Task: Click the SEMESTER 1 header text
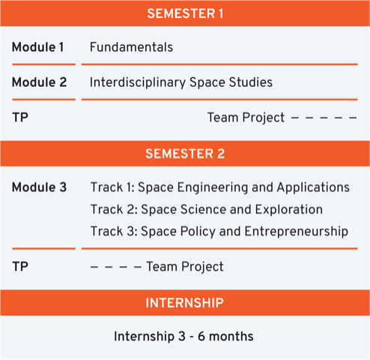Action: tap(185, 13)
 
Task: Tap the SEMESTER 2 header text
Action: tap(185, 154)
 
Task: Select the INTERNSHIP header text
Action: tap(184, 303)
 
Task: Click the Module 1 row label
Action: tap(37, 47)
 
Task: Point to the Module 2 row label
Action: tap(39, 82)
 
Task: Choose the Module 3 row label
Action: tap(39, 187)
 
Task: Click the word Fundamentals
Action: tap(131, 47)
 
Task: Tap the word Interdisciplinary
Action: tap(138, 82)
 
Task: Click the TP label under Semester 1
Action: tap(20, 117)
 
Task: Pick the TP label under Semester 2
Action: tap(20, 266)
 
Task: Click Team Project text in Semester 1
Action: tap(246, 118)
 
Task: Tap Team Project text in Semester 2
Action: tap(185, 266)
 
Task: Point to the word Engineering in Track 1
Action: tap(213, 187)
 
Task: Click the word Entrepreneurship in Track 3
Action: tap(297, 232)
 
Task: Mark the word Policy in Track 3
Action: tap(198, 232)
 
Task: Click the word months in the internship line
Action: tap(231, 336)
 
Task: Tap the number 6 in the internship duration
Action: tap(201, 336)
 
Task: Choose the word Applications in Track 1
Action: tap(313, 187)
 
